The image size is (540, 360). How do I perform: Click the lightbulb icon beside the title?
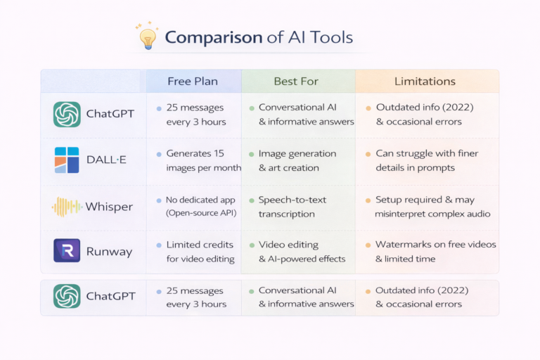[147, 37]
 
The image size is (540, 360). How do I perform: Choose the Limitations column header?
[425, 82]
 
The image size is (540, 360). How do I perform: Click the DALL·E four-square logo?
[67, 160]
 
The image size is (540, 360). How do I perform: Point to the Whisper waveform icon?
[67, 207]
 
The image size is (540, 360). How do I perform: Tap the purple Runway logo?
[67, 251]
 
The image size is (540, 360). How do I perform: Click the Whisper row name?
[109, 207]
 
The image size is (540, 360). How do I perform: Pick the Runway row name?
[108, 251]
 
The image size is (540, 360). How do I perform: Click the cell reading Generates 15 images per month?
[202, 160]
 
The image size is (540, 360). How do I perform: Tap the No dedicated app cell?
[200, 207]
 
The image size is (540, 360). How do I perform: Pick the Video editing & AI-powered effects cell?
[301, 251]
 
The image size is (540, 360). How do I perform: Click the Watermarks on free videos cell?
[435, 251]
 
